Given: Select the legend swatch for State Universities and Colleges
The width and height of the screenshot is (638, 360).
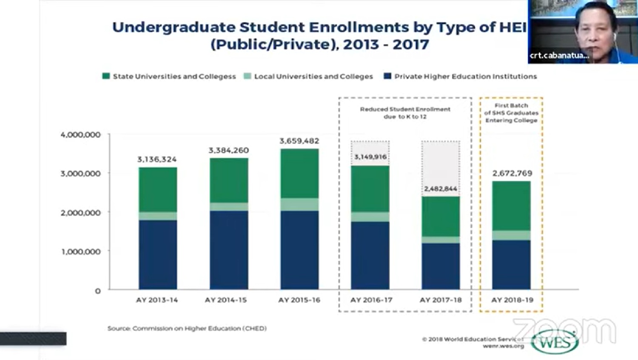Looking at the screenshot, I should point(106,76).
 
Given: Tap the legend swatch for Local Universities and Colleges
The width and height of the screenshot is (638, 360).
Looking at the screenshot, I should point(247,76).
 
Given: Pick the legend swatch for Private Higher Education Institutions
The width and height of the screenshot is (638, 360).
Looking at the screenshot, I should point(387,76).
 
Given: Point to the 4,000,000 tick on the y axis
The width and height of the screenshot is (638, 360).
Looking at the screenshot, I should point(81,135).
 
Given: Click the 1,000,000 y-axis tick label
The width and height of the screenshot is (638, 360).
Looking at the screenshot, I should point(81,251).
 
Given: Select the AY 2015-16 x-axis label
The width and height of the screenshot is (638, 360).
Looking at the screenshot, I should point(299,300).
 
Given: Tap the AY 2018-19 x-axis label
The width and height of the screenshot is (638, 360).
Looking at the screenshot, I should point(512,300).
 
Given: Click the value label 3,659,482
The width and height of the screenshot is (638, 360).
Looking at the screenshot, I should point(299,141).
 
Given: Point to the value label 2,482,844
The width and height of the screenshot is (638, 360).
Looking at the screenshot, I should point(441,189).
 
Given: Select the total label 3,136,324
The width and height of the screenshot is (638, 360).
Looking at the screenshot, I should point(157,159).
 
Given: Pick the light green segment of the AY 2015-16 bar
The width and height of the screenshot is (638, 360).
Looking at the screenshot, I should point(299,204).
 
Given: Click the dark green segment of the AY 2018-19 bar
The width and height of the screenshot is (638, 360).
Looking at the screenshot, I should point(511,206).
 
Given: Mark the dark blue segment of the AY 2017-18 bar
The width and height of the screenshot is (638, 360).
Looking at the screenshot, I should point(441,266).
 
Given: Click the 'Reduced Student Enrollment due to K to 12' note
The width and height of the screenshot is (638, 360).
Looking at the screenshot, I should point(405,113).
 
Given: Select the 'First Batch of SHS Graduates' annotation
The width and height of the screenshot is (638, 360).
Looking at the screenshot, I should point(511,113).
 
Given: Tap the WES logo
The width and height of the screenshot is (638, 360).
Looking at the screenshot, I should point(555,342).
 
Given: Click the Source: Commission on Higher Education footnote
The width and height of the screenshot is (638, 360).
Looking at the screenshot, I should point(187,329).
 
